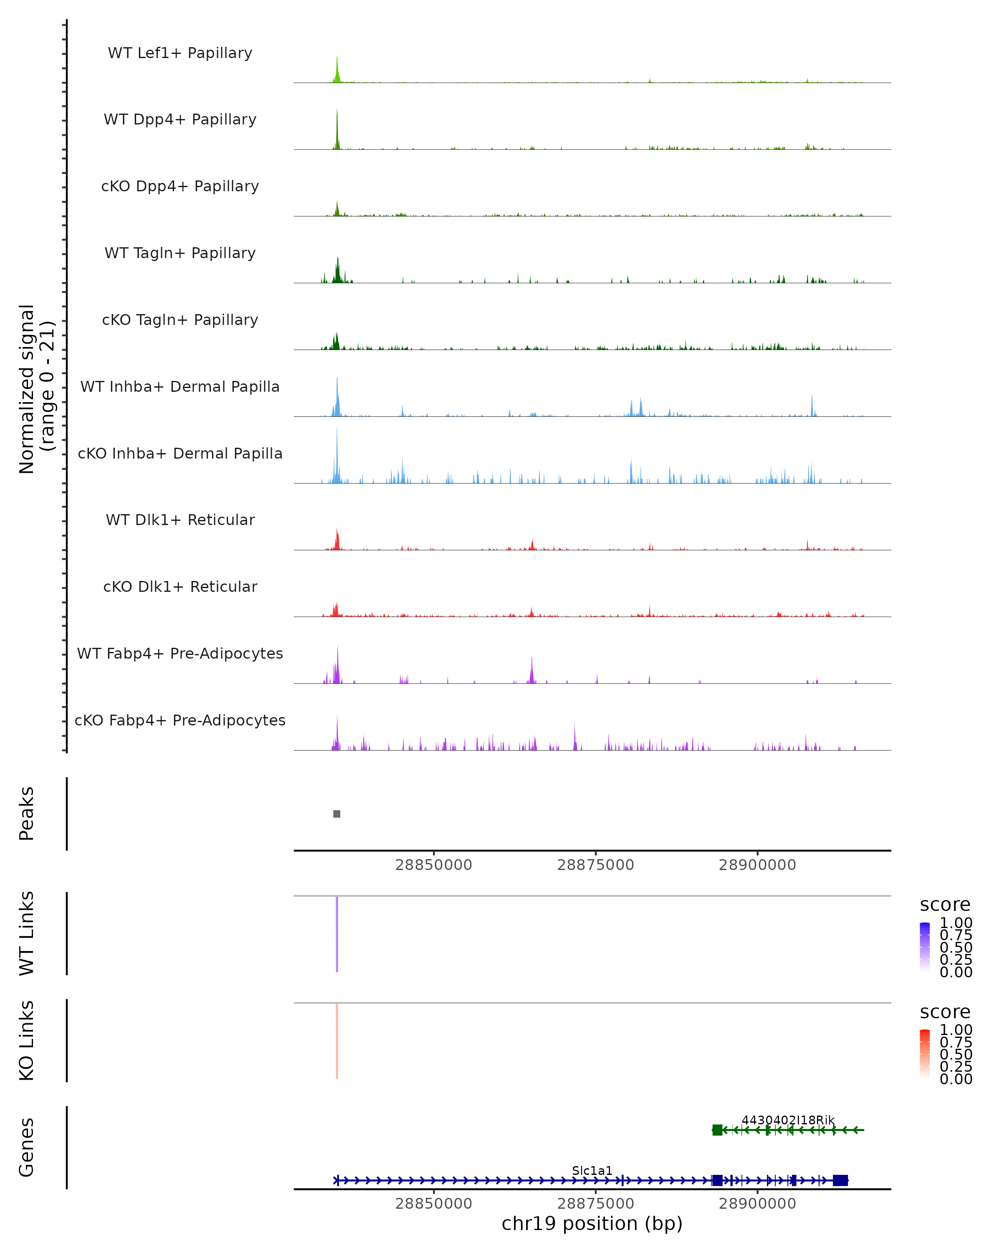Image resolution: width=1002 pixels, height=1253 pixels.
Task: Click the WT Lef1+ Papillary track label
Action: (180, 53)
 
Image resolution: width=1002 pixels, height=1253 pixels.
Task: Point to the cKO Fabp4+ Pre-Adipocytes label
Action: (180, 720)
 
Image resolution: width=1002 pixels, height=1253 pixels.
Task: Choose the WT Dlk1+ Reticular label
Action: (180, 520)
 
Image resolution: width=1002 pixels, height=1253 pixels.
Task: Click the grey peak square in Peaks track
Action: (337, 814)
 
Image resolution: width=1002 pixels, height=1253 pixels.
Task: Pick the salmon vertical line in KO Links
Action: (337, 1040)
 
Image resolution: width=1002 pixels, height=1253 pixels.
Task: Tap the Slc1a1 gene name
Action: (592, 1170)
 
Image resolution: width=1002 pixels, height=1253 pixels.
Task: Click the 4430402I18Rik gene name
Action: (788, 1120)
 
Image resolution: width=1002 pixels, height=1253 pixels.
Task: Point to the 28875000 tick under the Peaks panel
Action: (595, 865)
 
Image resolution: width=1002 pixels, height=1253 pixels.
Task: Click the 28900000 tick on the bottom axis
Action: (757, 1204)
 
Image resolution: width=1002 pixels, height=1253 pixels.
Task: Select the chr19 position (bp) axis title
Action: (592, 1224)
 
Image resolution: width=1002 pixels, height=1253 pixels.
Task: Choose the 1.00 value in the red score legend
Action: (956, 1030)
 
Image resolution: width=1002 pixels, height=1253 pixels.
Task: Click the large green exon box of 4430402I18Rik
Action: (717, 1130)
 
